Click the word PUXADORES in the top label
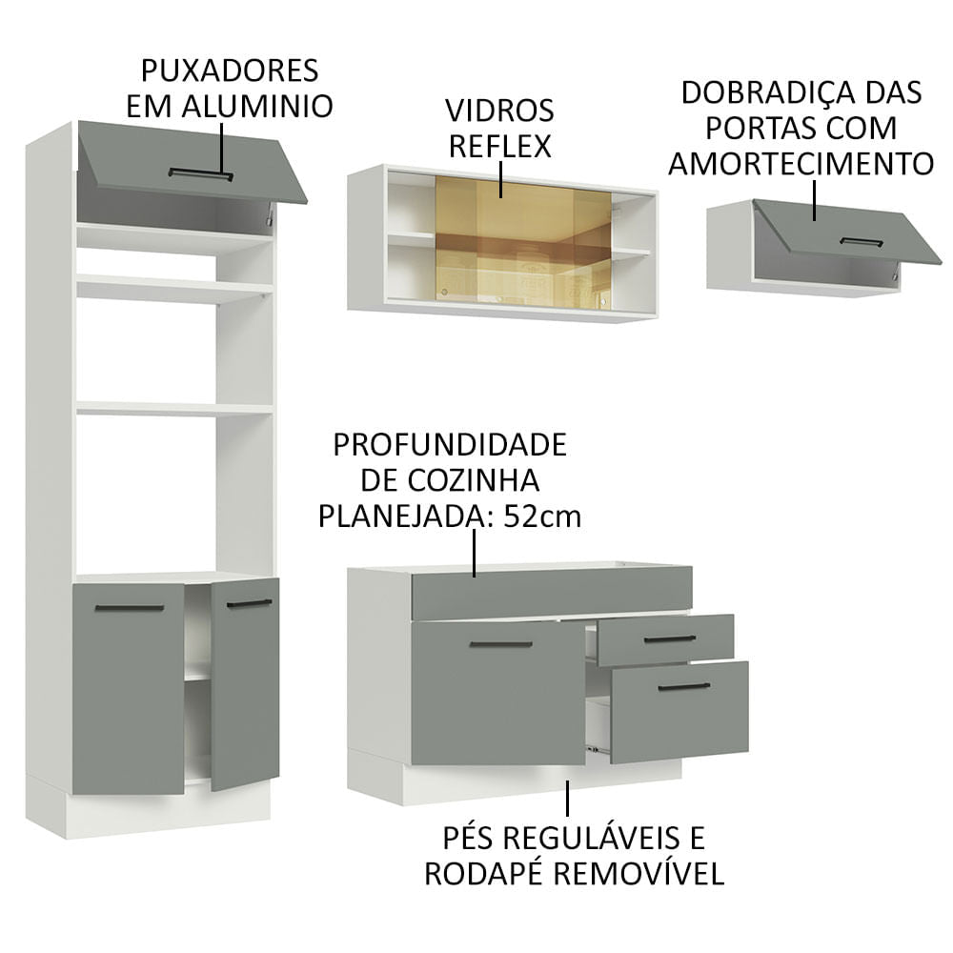(229, 71)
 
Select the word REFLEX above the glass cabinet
(500, 146)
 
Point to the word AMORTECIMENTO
(801, 163)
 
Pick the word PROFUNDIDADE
(449, 444)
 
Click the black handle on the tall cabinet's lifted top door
(201, 173)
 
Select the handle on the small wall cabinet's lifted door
(861, 242)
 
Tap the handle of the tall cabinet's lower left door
(129, 607)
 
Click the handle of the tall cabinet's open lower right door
(249, 603)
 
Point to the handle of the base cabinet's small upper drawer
(670, 639)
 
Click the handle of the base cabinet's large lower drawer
(683, 686)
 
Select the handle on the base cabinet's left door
(500, 644)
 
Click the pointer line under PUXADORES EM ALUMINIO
(222, 147)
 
